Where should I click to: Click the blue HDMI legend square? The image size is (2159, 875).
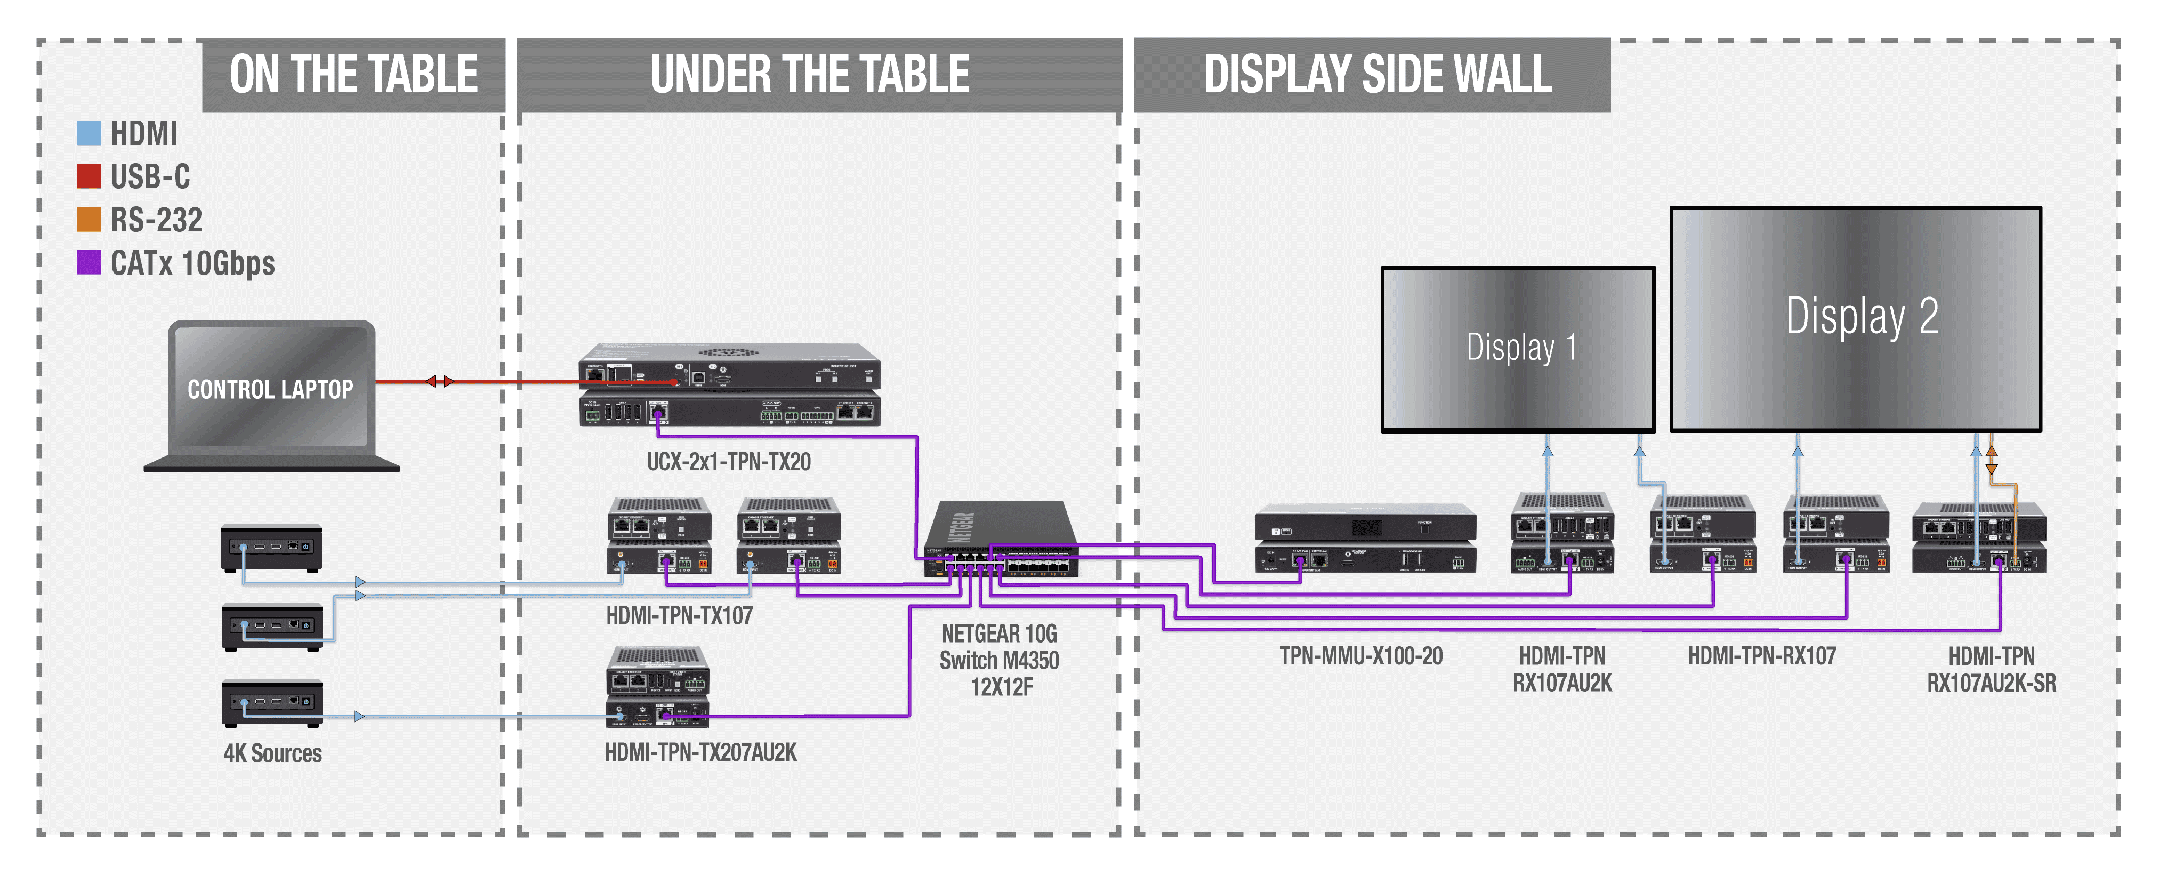(x=89, y=133)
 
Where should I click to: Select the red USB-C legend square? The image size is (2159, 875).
(x=89, y=176)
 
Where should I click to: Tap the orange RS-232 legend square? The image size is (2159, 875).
(x=89, y=220)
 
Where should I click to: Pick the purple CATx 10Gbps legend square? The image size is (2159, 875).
(x=89, y=262)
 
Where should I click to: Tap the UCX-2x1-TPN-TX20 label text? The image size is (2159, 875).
(x=728, y=462)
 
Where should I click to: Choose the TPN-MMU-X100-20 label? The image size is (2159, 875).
(x=1361, y=656)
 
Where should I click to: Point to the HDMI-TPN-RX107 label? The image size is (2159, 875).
(x=1762, y=656)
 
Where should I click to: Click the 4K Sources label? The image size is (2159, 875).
(x=272, y=753)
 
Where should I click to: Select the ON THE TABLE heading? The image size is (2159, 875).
(x=353, y=75)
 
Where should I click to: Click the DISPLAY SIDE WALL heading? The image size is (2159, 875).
(x=1378, y=75)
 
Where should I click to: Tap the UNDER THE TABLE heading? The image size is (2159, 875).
(x=810, y=75)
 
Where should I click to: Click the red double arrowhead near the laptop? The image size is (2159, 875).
(x=439, y=381)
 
